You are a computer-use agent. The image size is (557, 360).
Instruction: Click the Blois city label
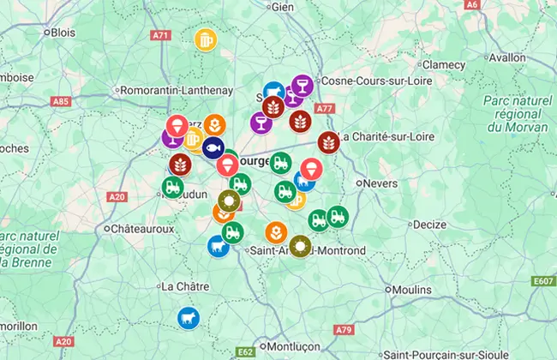pyautogui.click(x=63, y=33)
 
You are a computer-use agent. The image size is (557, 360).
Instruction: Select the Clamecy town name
pyautogui.click(x=443, y=65)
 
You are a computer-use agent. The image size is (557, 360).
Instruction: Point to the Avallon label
pyautogui.click(x=529, y=57)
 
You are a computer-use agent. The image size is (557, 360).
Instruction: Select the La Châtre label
pyautogui.click(x=180, y=285)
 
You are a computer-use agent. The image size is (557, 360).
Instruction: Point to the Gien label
pyautogui.click(x=283, y=6)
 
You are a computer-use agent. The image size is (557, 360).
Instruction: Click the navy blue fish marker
pyautogui.click(x=213, y=147)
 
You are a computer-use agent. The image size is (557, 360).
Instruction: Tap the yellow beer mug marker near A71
pyautogui.click(x=206, y=39)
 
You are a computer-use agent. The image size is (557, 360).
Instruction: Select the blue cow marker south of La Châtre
pyautogui.click(x=189, y=318)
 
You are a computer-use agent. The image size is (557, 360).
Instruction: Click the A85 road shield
pyautogui.click(x=61, y=101)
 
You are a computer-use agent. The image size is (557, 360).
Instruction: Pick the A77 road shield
pyautogui.click(x=325, y=109)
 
